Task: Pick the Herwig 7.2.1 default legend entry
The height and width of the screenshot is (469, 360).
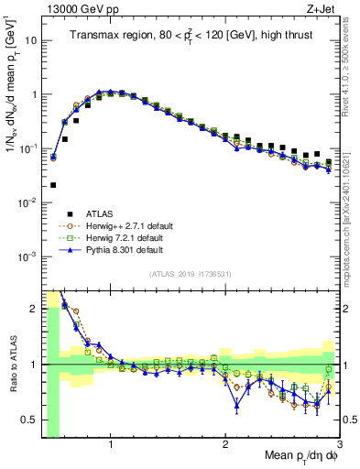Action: coord(124,237)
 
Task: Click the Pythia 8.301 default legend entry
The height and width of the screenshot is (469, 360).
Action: coord(124,249)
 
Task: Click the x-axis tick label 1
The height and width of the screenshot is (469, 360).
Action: coord(111,445)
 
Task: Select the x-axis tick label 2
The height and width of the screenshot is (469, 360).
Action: coord(225,445)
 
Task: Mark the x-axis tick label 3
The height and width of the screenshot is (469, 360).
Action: coord(339,445)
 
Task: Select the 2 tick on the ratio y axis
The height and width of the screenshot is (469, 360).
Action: coord(34,309)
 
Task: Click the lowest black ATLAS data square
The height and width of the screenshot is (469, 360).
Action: coord(53,185)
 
